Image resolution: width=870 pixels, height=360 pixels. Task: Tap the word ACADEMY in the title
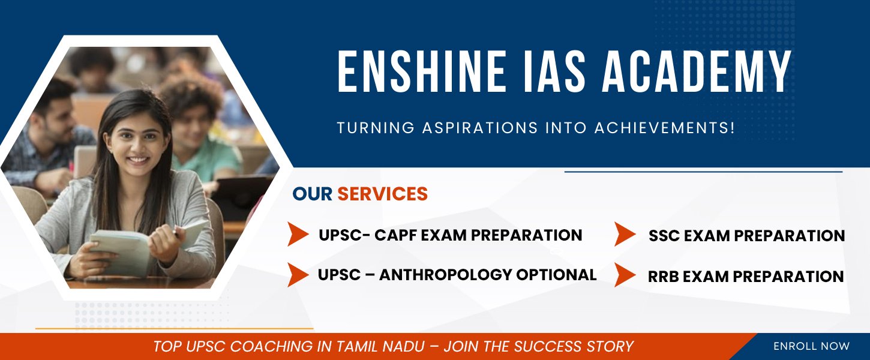697,72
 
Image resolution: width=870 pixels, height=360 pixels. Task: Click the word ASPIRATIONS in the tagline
480,128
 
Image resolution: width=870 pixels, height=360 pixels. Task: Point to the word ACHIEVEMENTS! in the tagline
665,128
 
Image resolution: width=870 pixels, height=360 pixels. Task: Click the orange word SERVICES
383,194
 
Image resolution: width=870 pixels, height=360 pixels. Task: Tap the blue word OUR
312,194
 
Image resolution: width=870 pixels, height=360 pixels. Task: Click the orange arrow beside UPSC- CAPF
298,234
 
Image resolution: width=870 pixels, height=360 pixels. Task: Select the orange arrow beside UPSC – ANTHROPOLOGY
298,275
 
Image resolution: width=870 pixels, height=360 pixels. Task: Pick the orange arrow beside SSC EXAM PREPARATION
625,234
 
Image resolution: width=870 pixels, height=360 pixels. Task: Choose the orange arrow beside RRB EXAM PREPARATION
625,275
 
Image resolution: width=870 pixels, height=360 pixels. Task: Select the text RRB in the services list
663,277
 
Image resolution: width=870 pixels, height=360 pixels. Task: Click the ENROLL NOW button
811,346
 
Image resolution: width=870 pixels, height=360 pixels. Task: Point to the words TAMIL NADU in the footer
380,346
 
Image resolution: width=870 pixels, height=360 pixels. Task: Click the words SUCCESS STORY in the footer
574,346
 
